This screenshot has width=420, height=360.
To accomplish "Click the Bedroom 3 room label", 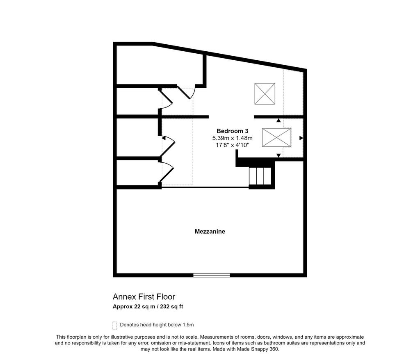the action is [232, 131].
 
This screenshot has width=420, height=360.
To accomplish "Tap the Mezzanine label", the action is [210, 231].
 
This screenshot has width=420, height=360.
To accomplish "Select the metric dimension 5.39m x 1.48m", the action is [232, 138].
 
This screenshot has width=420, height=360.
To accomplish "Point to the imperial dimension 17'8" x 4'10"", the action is [232, 145].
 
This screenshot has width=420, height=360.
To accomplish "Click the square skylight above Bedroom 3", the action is [265, 94].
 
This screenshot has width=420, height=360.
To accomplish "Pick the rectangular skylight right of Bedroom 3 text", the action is [276, 138].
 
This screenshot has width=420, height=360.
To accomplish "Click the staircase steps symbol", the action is [260, 176].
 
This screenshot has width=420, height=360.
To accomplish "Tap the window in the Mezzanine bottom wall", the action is [212, 275].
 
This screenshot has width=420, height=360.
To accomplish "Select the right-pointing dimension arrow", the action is [301, 138].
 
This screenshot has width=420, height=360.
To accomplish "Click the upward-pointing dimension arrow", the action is [278, 121].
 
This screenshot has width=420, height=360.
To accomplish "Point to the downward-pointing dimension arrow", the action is [278, 155].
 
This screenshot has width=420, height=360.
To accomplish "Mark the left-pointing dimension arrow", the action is [164, 138].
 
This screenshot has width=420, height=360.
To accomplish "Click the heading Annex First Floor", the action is [144, 297].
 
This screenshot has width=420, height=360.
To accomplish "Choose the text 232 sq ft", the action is [171, 307].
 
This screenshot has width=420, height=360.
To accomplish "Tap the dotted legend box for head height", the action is [115, 326].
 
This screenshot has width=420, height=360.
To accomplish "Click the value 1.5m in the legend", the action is [188, 325].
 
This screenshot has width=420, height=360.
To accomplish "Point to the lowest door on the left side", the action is [167, 173].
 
